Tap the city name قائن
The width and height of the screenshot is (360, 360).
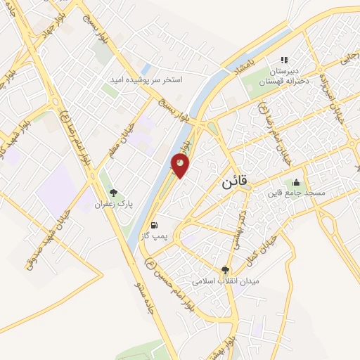pos(234,181)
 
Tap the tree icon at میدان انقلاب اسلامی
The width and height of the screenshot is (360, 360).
pos(226,269)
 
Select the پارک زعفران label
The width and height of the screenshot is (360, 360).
pos(114,203)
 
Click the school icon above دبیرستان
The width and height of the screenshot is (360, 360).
pos(285,60)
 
